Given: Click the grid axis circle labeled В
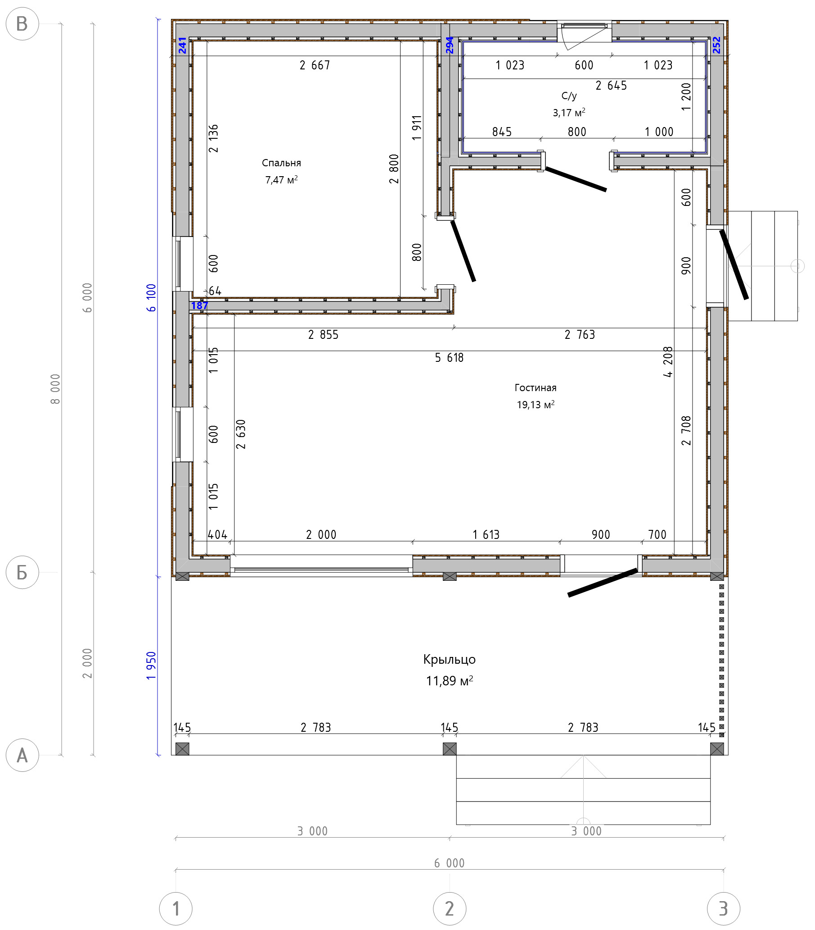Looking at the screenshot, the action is tap(22, 24).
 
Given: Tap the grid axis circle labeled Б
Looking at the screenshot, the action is tap(22, 572).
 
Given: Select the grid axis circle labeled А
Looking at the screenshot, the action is tap(22, 755).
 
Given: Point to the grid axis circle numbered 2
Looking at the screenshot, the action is tap(449, 909).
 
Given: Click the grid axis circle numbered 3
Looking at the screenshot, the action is tap(723, 909).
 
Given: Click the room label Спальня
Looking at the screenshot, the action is tap(281, 163).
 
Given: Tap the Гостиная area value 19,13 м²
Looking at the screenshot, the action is tap(536, 405).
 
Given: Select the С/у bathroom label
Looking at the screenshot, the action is tap(569, 96).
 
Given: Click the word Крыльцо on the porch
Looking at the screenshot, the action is tap(449, 659).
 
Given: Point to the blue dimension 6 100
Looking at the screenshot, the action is tap(151, 297).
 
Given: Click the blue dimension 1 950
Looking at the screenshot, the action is tap(151, 666).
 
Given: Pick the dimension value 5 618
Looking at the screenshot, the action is tap(449, 358).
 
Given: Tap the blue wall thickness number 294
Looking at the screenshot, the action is tap(449, 45).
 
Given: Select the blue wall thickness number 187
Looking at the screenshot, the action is tap(199, 306).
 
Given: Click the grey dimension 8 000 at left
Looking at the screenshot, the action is tap(55, 389).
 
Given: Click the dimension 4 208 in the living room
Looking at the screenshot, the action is tap(667, 362).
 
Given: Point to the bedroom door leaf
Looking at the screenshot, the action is tap(463, 251).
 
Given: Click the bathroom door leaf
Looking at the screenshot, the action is tap(576, 179).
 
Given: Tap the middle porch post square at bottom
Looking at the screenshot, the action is tap(449, 748).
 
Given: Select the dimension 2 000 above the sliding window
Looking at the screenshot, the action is tap(321, 534).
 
